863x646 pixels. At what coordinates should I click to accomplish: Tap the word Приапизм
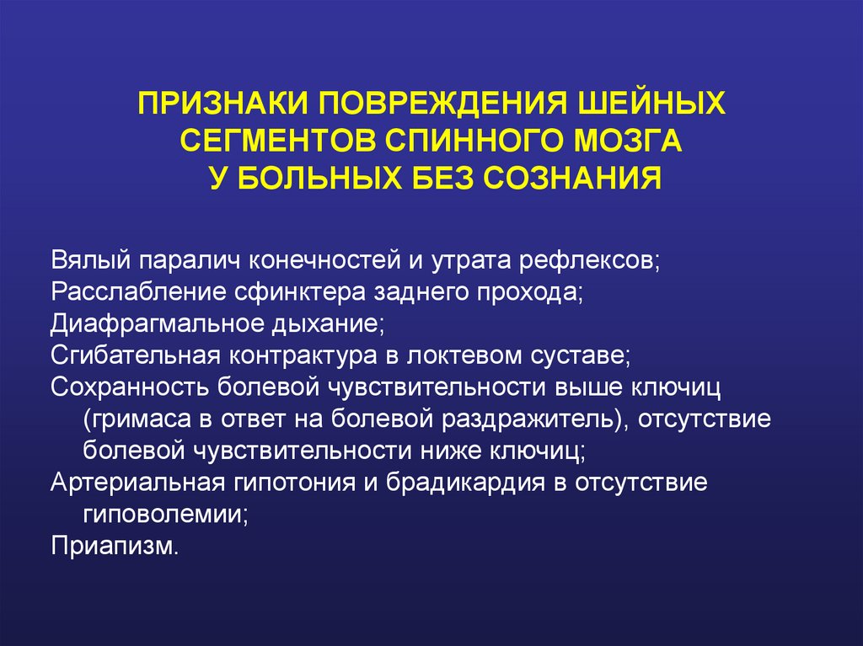115,547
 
